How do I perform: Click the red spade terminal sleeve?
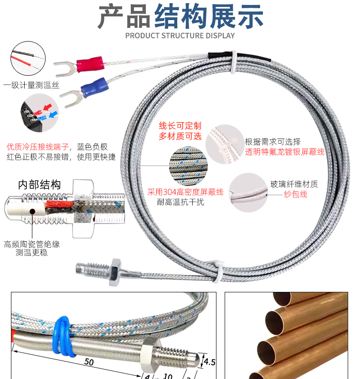[90, 64]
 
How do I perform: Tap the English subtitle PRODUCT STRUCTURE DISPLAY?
[180, 36]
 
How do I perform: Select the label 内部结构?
[39, 185]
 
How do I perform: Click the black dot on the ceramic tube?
[32, 212]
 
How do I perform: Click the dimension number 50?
[89, 362]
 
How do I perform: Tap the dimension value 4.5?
[209, 362]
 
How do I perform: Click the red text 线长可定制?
[180, 126]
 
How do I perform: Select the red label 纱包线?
[296, 194]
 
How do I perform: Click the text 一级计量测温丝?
[31, 85]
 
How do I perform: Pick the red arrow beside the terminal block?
[47, 107]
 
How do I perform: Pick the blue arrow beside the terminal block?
[53, 114]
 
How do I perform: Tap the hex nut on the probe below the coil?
[114, 272]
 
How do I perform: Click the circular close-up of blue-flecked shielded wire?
[188, 166]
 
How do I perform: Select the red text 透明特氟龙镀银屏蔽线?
[285, 152]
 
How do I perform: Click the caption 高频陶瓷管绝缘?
[32, 244]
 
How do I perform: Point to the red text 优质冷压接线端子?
[38, 147]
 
